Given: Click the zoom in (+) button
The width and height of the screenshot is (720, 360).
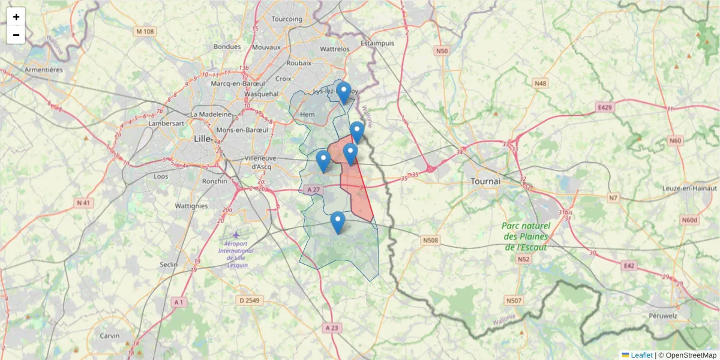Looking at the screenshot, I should pyautogui.click(x=16, y=17).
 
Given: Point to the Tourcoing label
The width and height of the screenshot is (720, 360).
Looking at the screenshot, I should pyautogui.click(x=287, y=19).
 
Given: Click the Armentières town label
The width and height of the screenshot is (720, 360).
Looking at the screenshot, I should pyautogui.click(x=44, y=70).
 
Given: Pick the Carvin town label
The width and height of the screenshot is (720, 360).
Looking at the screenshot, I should pyautogui.click(x=110, y=335).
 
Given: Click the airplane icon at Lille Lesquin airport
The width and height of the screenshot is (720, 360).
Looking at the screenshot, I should pyautogui.click(x=236, y=234).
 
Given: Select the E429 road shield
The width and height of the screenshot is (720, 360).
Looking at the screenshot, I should pyautogui.click(x=605, y=107).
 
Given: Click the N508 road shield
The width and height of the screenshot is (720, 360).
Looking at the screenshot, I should pyautogui.click(x=430, y=241).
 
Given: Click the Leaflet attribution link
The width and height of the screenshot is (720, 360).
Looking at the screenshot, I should pyautogui.click(x=641, y=355).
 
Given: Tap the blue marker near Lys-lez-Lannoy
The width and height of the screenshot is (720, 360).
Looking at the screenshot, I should pyautogui.click(x=343, y=92).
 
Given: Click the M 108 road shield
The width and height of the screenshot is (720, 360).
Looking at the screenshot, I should pyautogui.click(x=145, y=31).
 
